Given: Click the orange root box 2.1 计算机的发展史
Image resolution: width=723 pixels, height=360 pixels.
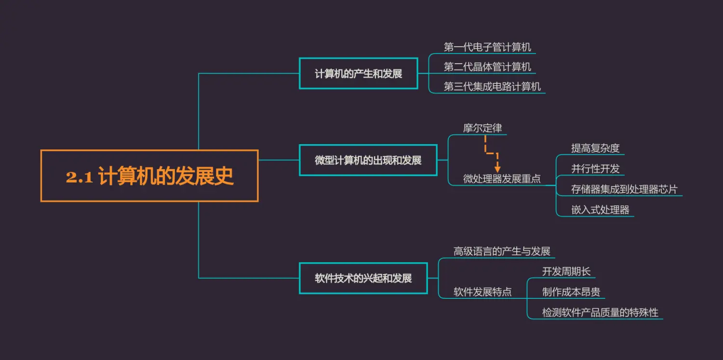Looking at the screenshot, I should coord(149,176).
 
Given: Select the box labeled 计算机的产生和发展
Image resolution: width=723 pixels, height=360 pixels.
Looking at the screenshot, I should coord(358,74).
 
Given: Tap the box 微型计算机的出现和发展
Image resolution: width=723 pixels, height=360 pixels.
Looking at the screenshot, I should coord(368,160).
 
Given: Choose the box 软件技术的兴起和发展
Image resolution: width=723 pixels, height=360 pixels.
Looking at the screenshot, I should coord(363,278).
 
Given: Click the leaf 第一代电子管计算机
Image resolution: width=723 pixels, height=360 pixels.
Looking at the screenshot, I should coord(487,47).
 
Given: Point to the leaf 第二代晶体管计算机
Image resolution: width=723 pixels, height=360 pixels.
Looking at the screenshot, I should coord(487,67).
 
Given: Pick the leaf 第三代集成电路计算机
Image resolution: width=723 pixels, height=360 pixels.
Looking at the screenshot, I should coord(492,87).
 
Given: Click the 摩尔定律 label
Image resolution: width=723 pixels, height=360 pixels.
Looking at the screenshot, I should coord(482,128).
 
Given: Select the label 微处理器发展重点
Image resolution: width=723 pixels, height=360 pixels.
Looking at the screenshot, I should coord(502,179).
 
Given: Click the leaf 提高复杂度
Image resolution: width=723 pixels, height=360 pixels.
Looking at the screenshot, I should coord(595,148).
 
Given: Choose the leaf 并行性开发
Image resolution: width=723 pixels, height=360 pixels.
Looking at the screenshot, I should coord(595,169).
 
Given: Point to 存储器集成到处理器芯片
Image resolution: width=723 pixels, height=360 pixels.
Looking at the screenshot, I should coord(624,189).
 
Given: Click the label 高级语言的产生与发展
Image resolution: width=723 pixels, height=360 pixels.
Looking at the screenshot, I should coord(502,251).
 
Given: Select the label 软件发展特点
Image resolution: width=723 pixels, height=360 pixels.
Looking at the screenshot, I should coord(482,292).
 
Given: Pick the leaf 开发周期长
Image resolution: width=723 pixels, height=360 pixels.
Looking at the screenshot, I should coord(566,271).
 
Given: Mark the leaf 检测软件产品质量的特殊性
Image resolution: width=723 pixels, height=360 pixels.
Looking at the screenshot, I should coord(600,312).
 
